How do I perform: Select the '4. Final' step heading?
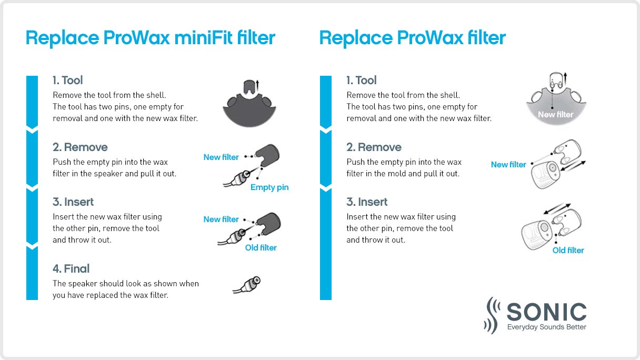coord(71,269)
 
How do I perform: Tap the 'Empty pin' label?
coord(269,187)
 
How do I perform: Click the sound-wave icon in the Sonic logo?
coord(492,315)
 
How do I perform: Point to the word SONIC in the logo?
coord(546,312)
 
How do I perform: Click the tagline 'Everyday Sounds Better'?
coord(546,327)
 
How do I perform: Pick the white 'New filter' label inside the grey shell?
coord(555,114)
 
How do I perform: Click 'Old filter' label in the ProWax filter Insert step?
coord(568,251)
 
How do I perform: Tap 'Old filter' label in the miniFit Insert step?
coord(261,247)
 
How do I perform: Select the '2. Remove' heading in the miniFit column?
coord(80,147)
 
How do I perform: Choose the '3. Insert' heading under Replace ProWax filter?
coord(367,202)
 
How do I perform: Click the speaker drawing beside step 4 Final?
coord(247,285)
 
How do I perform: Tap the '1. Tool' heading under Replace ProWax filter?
coord(361,81)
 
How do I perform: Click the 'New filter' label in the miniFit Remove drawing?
coord(221,157)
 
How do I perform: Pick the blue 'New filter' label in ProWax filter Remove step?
coord(508,165)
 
